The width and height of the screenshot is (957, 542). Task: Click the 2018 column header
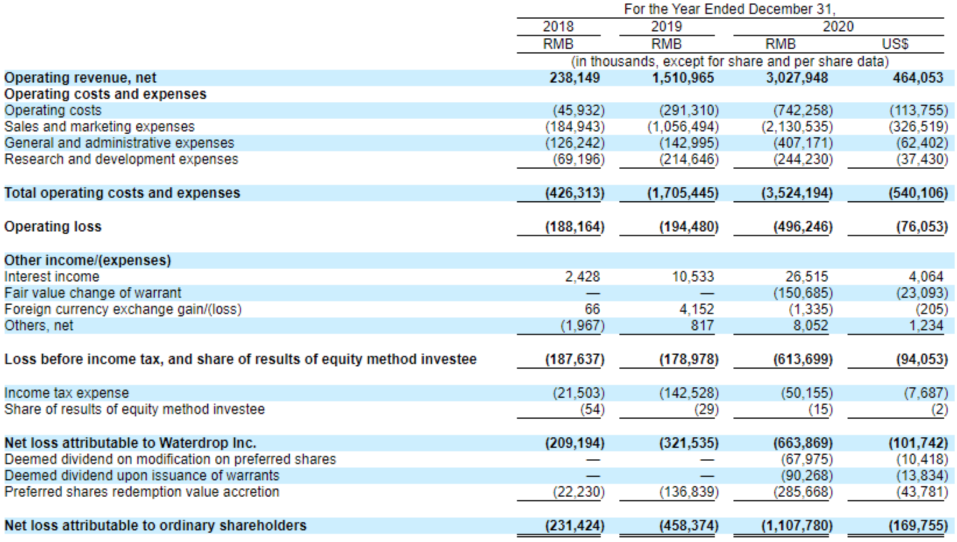pyautogui.click(x=558, y=27)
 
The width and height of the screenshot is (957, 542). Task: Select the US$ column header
pyautogui.click(x=895, y=44)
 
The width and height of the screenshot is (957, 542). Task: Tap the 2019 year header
pyautogui.click(x=666, y=27)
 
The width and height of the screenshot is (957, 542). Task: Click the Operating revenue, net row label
pyautogui.click(x=80, y=78)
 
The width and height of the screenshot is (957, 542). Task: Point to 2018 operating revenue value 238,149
pyautogui.click(x=575, y=78)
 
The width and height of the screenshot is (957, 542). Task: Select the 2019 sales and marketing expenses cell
pyautogui.click(x=683, y=127)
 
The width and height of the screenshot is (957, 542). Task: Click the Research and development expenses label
pyautogui.click(x=121, y=159)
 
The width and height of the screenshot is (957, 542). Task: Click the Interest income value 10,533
pyautogui.click(x=693, y=277)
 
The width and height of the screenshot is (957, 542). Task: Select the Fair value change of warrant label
pyautogui.click(x=93, y=293)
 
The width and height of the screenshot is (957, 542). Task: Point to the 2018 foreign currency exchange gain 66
pyautogui.click(x=592, y=309)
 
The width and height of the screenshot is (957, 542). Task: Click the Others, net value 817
pyautogui.click(x=702, y=326)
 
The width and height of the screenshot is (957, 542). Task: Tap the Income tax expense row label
pyautogui.click(x=66, y=393)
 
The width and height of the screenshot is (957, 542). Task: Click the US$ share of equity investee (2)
pyautogui.click(x=939, y=409)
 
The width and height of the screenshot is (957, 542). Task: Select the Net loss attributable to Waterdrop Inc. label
pyautogui.click(x=130, y=443)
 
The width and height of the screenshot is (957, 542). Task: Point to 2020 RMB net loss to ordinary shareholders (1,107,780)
pyautogui.click(x=797, y=526)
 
